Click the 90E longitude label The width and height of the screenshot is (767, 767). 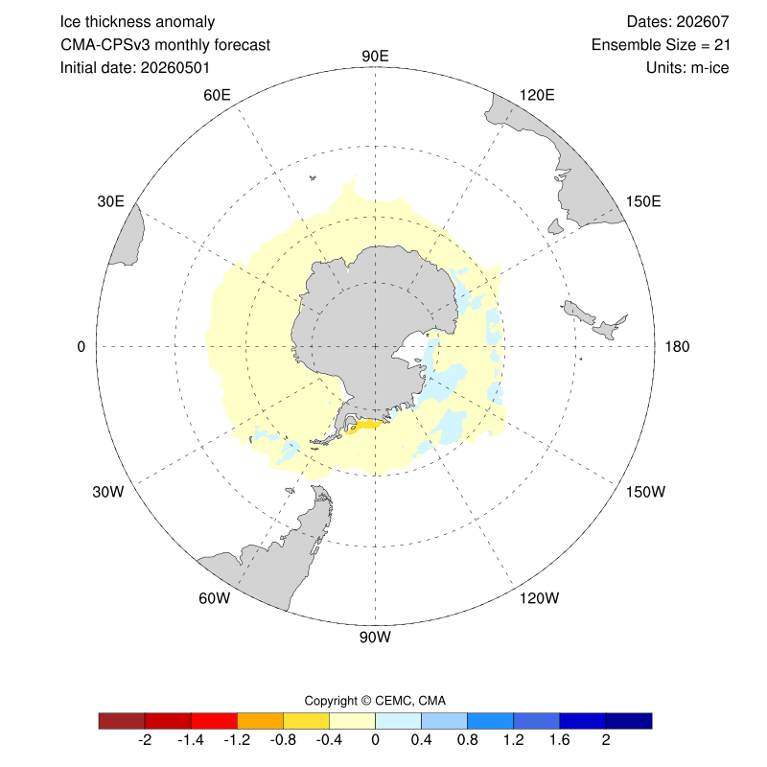375,57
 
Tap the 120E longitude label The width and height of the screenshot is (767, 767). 537,95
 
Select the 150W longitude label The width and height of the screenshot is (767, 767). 645,492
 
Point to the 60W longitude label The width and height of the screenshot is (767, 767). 214,597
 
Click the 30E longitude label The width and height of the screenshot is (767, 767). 110,201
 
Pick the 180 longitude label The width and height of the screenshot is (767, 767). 677,346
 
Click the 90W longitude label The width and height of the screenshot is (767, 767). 375,637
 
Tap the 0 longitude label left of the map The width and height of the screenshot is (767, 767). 81,346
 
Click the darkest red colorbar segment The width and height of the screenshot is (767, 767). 122,721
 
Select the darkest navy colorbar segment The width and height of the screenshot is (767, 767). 629,721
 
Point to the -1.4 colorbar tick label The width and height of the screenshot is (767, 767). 191,739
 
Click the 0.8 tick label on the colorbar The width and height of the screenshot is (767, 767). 467,739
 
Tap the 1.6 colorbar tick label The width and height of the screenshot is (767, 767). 560,739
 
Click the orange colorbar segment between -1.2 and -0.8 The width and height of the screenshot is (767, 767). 260,721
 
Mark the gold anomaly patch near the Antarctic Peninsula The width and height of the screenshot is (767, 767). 363,426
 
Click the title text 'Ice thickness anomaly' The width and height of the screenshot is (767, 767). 137,22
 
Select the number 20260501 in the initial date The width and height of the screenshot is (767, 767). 175,67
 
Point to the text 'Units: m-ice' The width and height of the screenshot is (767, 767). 687,67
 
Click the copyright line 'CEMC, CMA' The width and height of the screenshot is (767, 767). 410,701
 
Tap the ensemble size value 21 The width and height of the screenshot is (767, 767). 722,44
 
